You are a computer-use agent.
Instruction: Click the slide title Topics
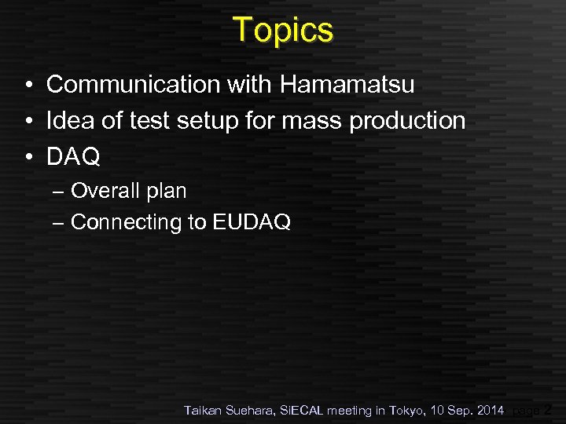coord(283,31)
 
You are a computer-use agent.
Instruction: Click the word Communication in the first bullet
coord(133,84)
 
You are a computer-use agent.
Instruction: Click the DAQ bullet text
coord(73,157)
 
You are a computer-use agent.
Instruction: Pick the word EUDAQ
coord(252,222)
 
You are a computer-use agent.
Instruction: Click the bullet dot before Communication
coord(27,85)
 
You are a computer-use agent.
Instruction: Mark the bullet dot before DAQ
coord(27,157)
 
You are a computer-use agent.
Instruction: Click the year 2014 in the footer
coord(489,410)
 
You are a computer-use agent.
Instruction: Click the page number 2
coord(548,409)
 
